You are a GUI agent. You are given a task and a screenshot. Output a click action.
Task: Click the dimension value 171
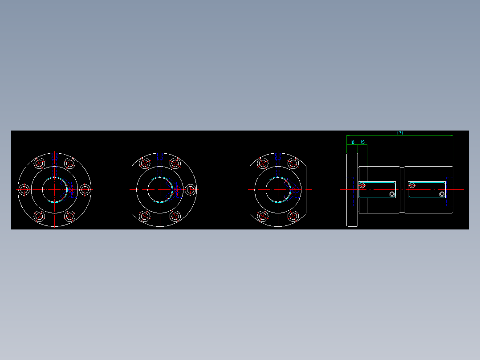coord(400,133)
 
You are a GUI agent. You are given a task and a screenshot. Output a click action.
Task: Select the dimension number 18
coord(352,142)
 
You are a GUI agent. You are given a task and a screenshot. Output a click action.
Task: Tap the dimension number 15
coord(362,142)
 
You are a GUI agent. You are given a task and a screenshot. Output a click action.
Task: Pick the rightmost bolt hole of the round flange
coord(85,189)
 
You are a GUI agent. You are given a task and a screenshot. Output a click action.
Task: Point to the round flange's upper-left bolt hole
coord(39,163)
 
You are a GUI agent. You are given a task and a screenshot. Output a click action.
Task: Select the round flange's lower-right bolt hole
coord(70,216)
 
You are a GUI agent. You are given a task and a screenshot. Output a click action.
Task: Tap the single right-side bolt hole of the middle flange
coord(191,189)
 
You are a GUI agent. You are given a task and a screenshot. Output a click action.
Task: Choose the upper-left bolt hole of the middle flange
coord(145,163)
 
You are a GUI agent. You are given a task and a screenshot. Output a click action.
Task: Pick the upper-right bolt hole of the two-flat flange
coord(293,163)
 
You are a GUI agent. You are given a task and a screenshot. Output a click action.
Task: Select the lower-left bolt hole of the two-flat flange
coord(263,216)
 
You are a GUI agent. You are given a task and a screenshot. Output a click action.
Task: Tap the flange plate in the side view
coord(352,189)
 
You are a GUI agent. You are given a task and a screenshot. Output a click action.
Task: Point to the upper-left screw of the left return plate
coord(362,185)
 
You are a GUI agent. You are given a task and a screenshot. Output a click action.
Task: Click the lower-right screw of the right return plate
coord(442,194)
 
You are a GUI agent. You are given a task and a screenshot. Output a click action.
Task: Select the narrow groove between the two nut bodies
coord(402,189)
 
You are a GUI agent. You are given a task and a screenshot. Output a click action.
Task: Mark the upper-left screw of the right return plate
coord(412,185)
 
